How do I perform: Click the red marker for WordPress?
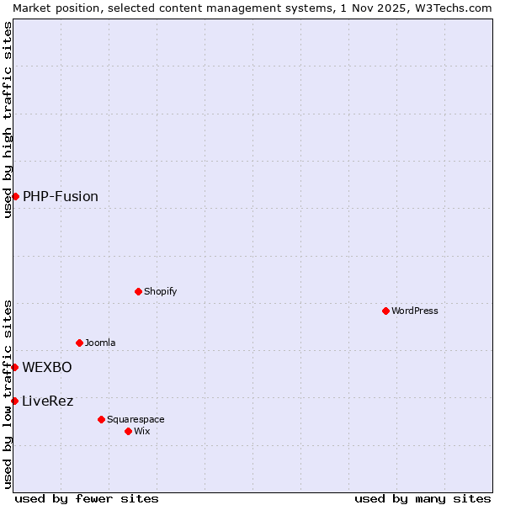click(385, 311)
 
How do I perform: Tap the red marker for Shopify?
click(138, 291)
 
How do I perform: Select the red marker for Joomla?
click(79, 343)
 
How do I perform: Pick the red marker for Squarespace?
click(101, 419)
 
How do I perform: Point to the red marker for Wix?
click(128, 431)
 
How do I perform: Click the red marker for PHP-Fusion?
click(15, 196)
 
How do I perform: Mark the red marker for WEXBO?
click(14, 367)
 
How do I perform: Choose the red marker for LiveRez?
click(14, 401)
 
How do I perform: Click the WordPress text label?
click(415, 311)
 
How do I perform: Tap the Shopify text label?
click(160, 291)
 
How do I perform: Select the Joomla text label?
click(100, 343)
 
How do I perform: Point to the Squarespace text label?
click(136, 419)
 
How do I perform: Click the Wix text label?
click(141, 431)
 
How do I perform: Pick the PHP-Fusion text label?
click(61, 196)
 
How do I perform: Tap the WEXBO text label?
click(47, 367)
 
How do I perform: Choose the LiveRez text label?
click(48, 401)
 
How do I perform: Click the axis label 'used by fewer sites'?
click(87, 498)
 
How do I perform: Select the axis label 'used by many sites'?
click(423, 498)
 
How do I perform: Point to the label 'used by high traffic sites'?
click(8, 120)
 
